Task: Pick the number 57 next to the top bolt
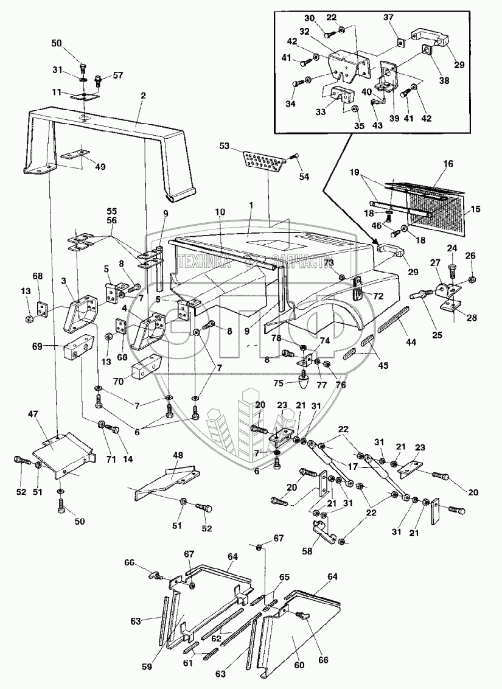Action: click(117, 75)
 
